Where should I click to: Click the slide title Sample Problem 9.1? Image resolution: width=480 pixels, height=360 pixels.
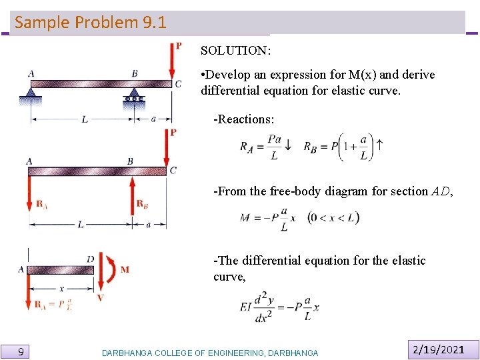pos(91,22)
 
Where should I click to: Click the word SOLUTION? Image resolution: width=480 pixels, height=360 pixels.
pos(235,51)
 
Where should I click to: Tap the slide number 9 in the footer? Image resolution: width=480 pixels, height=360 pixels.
pos(21,351)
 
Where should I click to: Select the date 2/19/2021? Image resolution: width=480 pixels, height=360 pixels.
pos(438,349)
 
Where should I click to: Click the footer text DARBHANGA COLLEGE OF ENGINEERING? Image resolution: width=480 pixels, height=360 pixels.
pos(210,353)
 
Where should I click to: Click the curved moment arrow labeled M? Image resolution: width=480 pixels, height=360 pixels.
pos(110,269)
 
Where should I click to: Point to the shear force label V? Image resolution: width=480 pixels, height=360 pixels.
pos(101,297)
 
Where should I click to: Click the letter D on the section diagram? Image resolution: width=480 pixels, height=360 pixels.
pos(90,259)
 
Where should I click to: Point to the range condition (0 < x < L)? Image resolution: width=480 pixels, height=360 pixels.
pos(333,217)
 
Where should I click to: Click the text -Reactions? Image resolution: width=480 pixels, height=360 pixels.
pos(244,119)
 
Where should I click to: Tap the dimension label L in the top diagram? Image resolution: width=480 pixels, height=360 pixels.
pos(85,119)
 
